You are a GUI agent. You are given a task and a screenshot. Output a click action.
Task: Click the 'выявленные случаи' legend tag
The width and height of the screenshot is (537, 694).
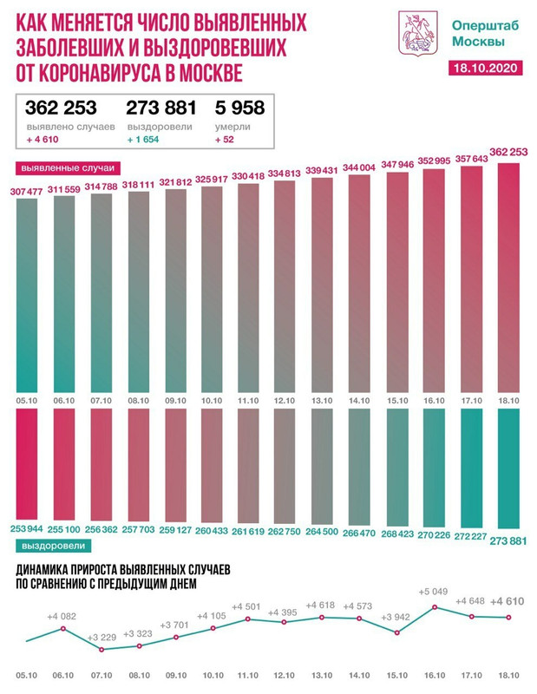click(67, 167)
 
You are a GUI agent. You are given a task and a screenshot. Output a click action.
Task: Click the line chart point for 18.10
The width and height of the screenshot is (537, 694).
click(508, 618)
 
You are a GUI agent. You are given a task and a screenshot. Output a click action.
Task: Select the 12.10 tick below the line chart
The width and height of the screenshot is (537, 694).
click(285, 674)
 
